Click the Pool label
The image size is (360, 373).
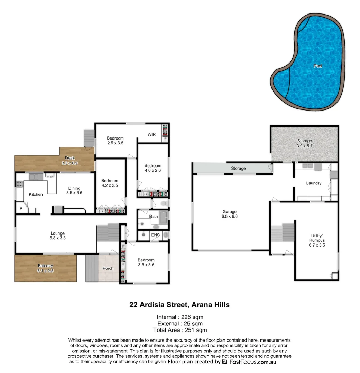[317, 66]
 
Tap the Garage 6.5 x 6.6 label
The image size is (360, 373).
[230, 214]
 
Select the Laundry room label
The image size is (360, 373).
[314, 183]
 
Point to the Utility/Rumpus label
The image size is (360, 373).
[317, 242]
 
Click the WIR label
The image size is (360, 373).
[151, 134]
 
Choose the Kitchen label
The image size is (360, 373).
[36, 194]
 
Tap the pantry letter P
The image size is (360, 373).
[21, 208]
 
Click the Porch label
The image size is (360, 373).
[108, 268]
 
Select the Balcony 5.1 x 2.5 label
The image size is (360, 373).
[45, 268]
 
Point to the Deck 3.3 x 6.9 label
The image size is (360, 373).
[70, 161]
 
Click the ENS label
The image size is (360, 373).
[155, 235]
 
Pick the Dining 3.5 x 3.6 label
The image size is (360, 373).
[74, 191]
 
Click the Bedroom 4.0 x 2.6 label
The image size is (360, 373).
[153, 168]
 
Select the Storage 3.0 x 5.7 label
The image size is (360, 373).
[305, 143]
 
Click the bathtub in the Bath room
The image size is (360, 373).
[164, 217]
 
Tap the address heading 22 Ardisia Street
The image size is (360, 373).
[179, 305]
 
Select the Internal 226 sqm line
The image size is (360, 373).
[180, 317]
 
